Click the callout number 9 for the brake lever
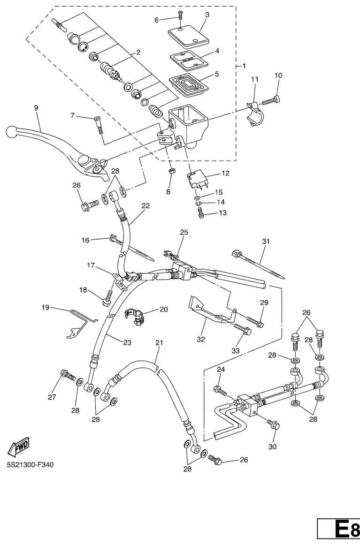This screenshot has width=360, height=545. click(x=36, y=107)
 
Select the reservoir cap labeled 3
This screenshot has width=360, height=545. click(x=187, y=34)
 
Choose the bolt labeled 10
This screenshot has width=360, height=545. click(x=271, y=100)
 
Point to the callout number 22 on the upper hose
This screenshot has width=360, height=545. click(x=146, y=205)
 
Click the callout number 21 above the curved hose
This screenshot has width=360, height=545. click(x=159, y=343)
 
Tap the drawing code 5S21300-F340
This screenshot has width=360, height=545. click(x=30, y=466)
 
